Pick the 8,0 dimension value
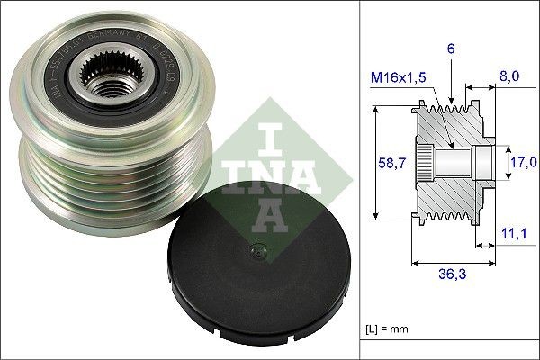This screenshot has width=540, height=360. tap(508, 78)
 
